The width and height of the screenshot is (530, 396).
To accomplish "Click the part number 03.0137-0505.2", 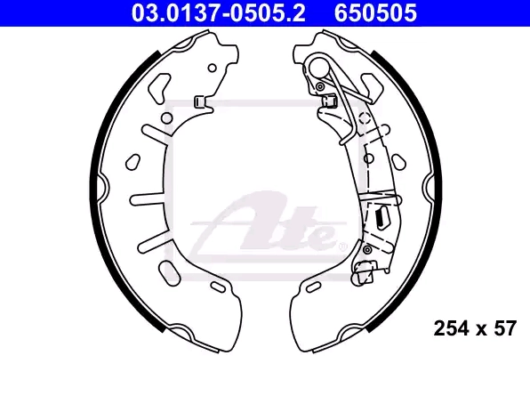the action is tap(219, 13).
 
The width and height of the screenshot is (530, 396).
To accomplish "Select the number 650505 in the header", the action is tap(375, 13).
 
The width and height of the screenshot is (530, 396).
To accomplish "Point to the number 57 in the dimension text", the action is tap(505, 328).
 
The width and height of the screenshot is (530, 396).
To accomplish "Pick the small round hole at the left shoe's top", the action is tap(212, 68).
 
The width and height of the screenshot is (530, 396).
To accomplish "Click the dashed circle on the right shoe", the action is tap(365, 118).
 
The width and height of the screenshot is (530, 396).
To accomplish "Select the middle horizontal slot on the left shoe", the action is tap(149, 199).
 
